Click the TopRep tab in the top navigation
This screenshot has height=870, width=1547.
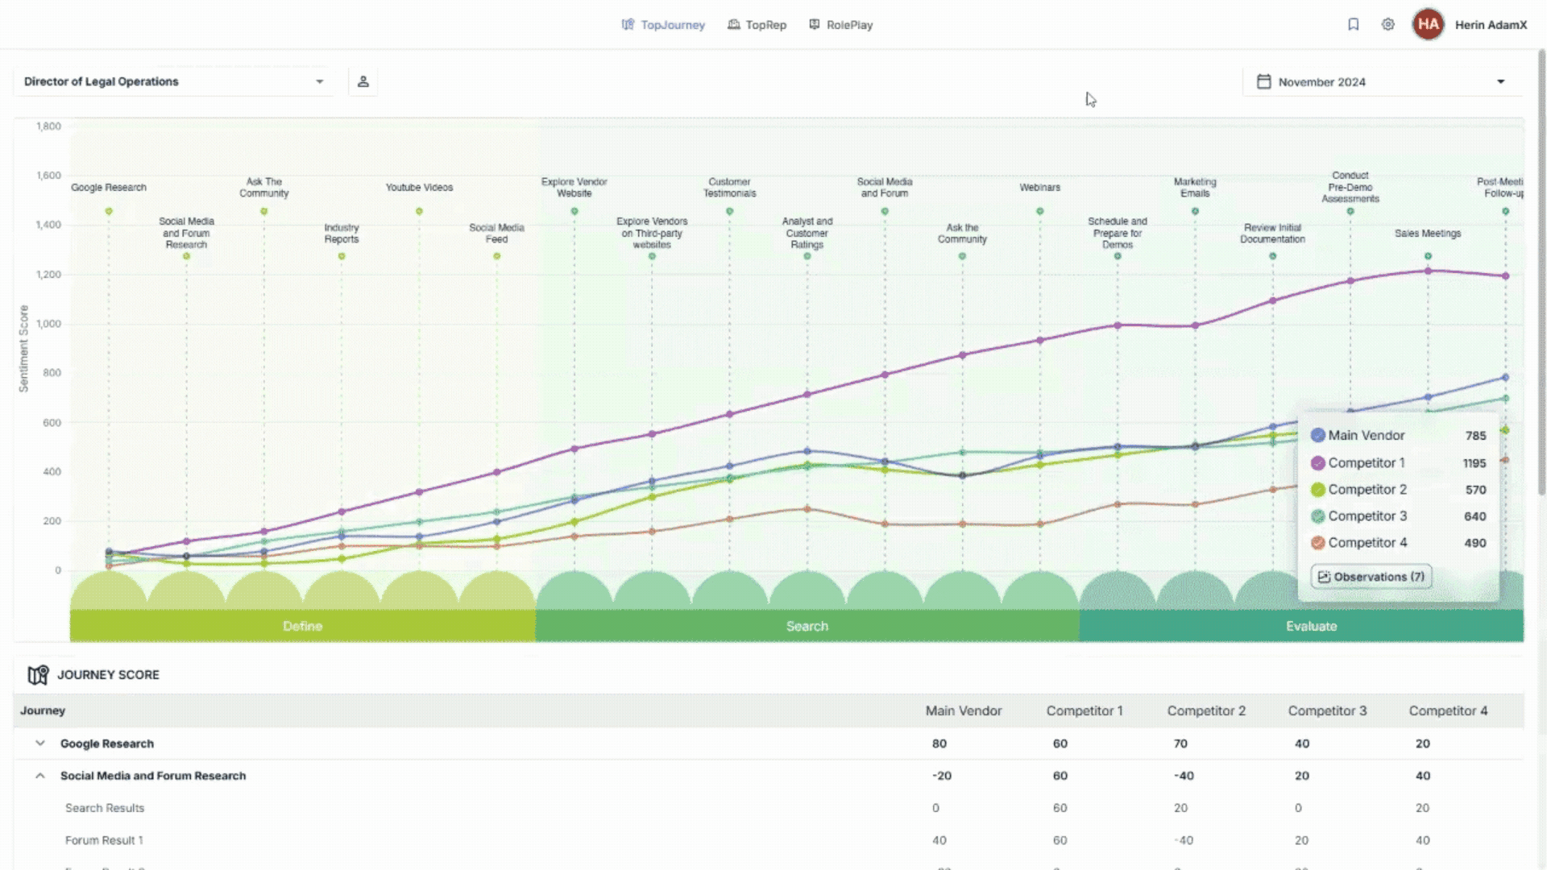757,25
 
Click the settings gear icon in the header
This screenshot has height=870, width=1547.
1387,24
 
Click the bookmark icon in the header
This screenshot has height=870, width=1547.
1354,24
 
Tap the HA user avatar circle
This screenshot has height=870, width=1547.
1428,24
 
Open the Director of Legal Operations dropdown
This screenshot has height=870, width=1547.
173,81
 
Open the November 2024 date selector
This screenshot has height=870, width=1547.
1383,82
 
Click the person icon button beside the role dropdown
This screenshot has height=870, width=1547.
363,81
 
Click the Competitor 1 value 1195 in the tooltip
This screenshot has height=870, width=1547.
1474,463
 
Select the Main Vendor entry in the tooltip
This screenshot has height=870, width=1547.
1366,435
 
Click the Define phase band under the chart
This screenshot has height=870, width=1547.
302,626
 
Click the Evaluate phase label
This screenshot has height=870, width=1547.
1311,626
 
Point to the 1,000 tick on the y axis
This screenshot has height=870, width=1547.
48,324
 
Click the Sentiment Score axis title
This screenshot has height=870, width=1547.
23,348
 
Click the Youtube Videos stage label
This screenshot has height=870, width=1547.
419,187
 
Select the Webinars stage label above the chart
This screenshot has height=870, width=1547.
1039,187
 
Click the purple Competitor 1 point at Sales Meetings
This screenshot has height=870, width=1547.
1428,271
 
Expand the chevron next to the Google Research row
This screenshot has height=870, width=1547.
40,744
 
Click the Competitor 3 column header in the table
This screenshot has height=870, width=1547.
1327,710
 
